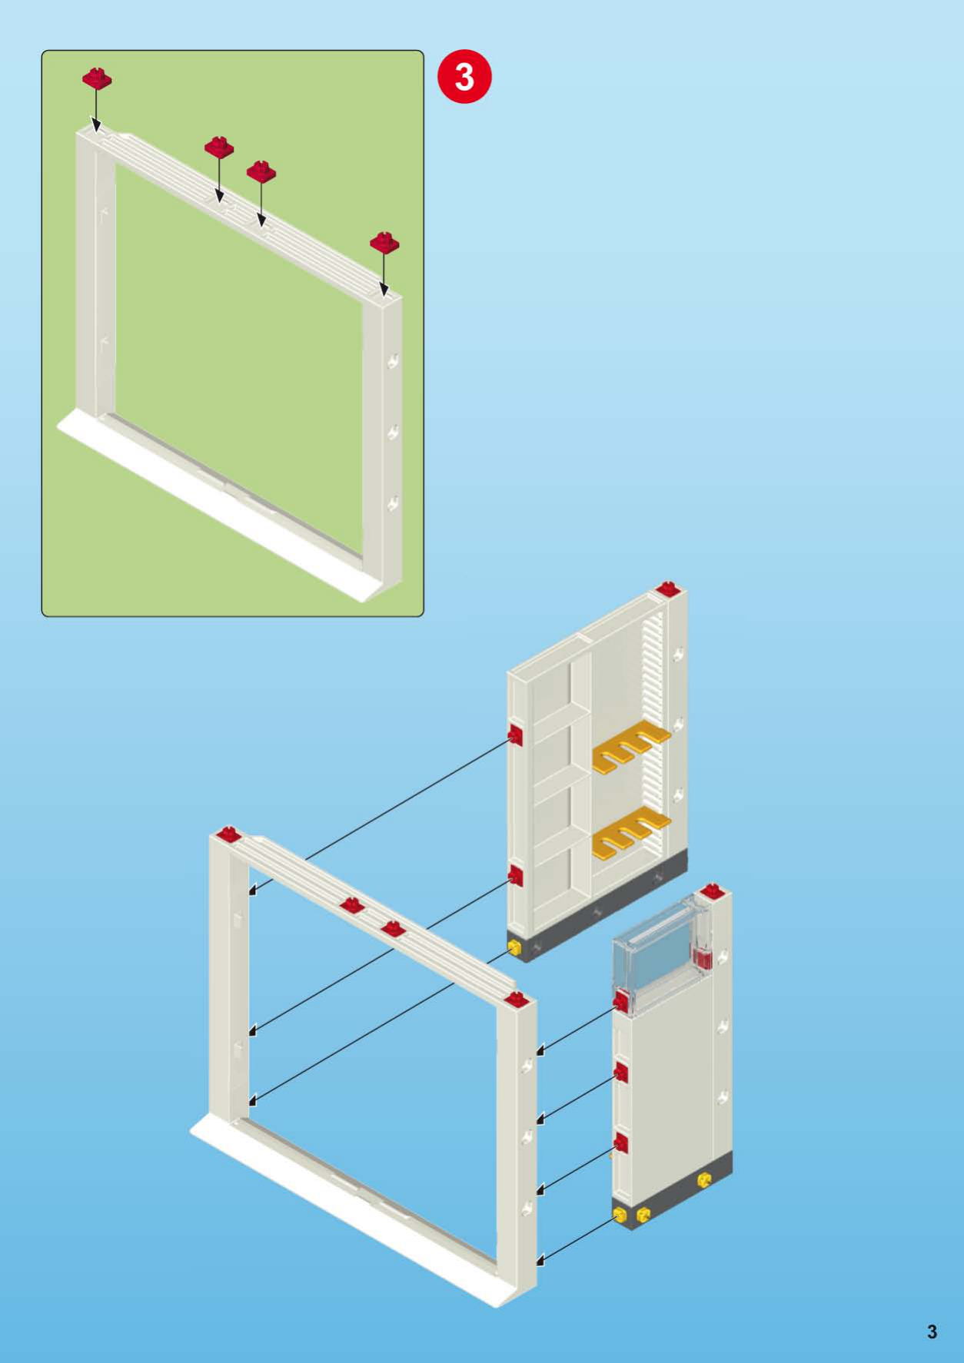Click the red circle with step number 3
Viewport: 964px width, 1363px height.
click(464, 77)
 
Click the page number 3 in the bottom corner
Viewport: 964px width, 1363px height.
click(932, 1331)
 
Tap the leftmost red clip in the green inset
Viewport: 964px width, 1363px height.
click(98, 77)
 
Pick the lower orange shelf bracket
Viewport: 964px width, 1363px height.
click(630, 833)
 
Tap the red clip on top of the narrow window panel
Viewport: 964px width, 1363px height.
click(712, 890)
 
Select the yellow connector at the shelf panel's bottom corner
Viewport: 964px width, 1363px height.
click(514, 947)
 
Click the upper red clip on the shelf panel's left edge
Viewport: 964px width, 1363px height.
click(515, 735)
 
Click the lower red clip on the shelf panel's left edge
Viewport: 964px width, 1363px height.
click(515, 874)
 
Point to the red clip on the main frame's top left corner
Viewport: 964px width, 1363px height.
click(228, 834)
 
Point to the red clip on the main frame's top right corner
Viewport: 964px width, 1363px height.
click(517, 999)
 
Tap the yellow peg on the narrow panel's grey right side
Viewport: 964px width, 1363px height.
click(704, 1179)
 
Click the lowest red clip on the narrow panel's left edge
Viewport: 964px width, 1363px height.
click(621, 1142)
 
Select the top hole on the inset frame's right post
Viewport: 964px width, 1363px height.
click(393, 360)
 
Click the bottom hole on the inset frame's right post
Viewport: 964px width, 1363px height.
click(393, 503)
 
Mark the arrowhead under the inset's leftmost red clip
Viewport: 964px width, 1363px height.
click(96, 125)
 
